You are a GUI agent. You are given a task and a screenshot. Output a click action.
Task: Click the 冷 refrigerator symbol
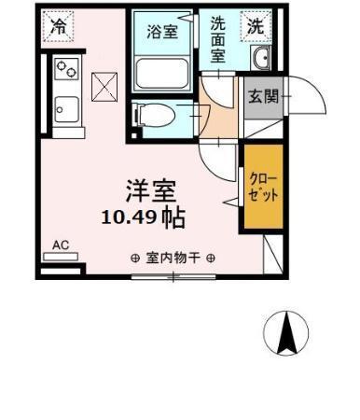pyautogui.click(x=59, y=27)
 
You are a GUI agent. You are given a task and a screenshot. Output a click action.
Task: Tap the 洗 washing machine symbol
pyautogui.click(x=255, y=27)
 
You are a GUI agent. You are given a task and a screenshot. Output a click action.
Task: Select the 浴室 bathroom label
pyautogui.click(x=163, y=31)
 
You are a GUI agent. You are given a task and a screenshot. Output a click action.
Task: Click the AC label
pyautogui.click(x=61, y=246)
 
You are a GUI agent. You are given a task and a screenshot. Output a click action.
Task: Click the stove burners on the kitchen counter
pyautogui.click(x=66, y=68)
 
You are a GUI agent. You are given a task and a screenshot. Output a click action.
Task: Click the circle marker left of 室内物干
pyautogui.click(x=135, y=259)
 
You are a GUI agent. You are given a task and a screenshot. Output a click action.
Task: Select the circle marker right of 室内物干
pyautogui.click(x=211, y=259)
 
